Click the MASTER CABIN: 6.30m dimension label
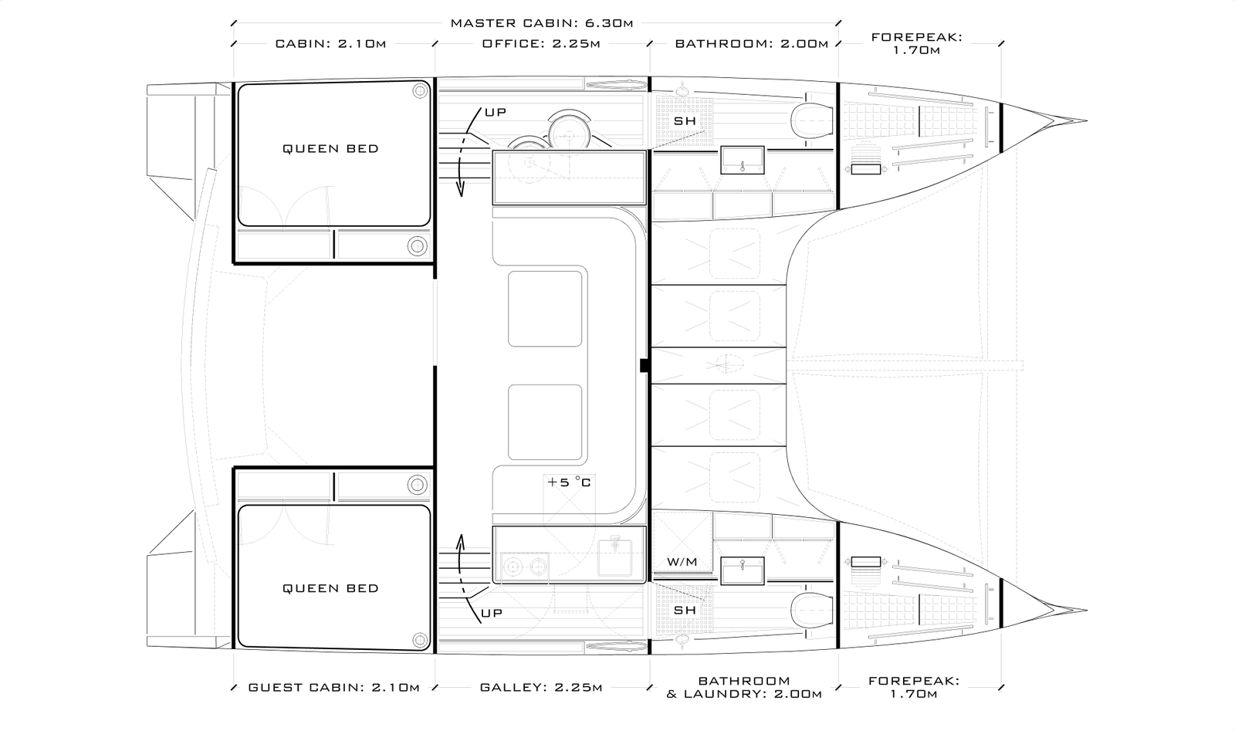pyautogui.click(x=542, y=23)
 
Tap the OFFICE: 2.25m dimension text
pyautogui.click(x=541, y=43)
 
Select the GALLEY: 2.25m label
pyautogui.click(x=541, y=688)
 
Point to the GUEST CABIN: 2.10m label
pyautogui.click(x=333, y=688)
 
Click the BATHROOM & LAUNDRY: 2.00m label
pyautogui.click(x=744, y=688)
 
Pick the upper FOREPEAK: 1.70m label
pyautogui.click(x=916, y=43)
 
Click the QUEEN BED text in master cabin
pyautogui.click(x=331, y=148)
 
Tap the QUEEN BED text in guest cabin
pyautogui.click(x=331, y=588)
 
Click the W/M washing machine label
pyautogui.click(x=682, y=562)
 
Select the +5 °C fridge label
pyautogui.click(x=569, y=482)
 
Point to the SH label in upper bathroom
pyautogui.click(x=685, y=120)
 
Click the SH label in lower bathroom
pyautogui.click(x=685, y=611)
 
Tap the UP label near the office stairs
pyautogui.click(x=496, y=113)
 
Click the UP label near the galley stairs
pyautogui.click(x=492, y=613)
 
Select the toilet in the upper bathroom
pyautogui.click(x=812, y=120)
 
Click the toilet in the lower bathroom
pyautogui.click(x=812, y=611)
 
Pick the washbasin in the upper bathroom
pyautogui.click(x=743, y=161)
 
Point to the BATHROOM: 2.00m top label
pyautogui.click(x=752, y=43)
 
